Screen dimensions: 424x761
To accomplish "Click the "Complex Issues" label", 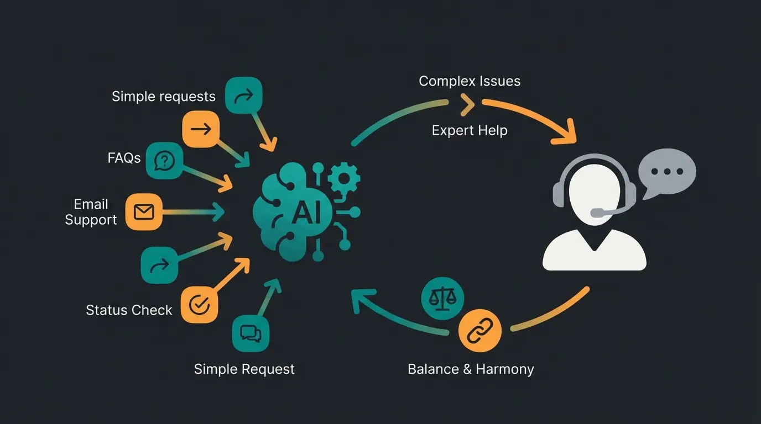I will (470, 81).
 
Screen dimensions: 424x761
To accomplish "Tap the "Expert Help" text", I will (470, 130).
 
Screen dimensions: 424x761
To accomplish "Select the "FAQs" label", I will (124, 158).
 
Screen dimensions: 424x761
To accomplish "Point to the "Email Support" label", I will (91, 212).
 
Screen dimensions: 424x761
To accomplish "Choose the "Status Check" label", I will (129, 310).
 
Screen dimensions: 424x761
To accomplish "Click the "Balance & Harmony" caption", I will (471, 369).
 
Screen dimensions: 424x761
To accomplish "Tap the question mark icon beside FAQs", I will (164, 161).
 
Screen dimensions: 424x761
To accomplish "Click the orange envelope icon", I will (144, 211).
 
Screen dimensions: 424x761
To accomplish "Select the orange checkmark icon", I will (199, 304).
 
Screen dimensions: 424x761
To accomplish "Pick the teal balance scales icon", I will (442, 298).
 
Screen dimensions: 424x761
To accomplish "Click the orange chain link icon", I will (479, 331).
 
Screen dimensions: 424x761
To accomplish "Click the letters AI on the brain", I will (305, 213).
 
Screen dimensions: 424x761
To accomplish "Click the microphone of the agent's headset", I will (597, 213).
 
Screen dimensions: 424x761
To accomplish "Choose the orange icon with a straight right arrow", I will (201, 129).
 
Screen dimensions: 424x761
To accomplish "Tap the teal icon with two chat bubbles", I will (251, 333).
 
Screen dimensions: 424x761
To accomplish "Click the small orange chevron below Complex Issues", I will (467, 104).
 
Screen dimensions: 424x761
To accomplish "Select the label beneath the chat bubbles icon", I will (244, 369).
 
